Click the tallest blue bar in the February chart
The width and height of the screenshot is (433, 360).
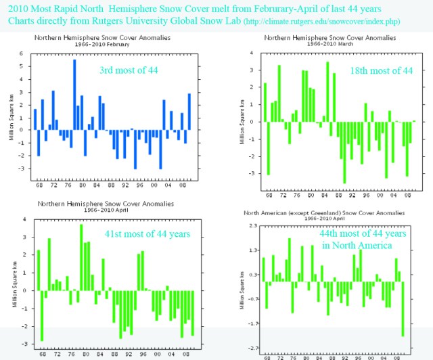[74, 95]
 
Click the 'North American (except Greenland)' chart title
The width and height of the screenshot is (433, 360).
[329, 212]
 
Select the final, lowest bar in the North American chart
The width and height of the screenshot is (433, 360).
[403, 308]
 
